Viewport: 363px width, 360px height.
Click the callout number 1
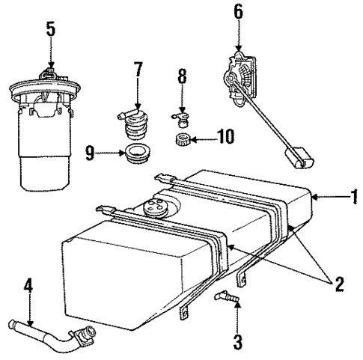tap(353, 198)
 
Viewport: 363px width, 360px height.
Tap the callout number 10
tap(222, 136)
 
